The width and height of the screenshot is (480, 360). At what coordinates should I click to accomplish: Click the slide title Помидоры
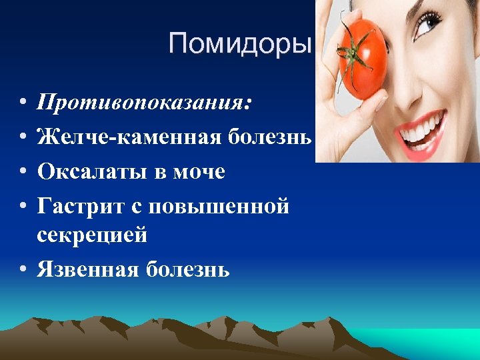click(x=240, y=44)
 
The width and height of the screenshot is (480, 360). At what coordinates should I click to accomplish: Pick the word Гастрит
click(x=77, y=207)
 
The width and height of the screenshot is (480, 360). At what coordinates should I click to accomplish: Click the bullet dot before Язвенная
click(x=23, y=270)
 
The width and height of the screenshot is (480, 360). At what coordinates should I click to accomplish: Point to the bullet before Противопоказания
click(x=23, y=104)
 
